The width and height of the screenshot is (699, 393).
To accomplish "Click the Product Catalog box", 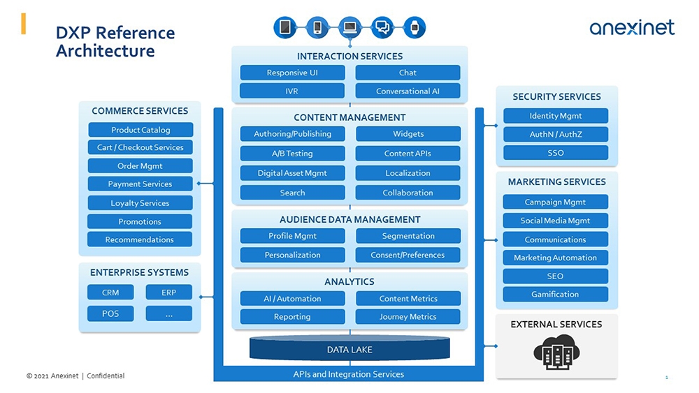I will point(140,130).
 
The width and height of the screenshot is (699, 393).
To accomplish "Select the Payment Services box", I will point(140,184).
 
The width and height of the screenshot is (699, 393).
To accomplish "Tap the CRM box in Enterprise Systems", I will point(110,292).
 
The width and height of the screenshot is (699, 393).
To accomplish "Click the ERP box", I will point(168,292).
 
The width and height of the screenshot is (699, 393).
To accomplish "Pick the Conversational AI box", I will point(408,91).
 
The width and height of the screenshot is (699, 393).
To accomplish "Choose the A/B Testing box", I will point(292,154).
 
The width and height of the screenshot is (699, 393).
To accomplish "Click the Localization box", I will point(408,173).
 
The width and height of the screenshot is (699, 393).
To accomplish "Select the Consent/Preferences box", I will point(408,255).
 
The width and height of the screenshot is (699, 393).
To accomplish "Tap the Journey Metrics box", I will point(408,317).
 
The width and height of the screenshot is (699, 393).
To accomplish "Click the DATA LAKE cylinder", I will point(349,349).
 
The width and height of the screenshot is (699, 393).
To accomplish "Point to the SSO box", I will point(556,153).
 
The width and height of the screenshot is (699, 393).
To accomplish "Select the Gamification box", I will point(555,295).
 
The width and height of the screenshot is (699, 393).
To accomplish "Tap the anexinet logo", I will point(631,28).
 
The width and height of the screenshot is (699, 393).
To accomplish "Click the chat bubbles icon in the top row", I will point(382,28).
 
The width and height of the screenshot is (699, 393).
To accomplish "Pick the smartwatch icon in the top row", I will point(415,28).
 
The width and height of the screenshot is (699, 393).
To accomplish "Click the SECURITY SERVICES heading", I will point(556,97).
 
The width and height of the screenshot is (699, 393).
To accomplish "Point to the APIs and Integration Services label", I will point(348,374).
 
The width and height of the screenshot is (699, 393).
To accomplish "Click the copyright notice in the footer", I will point(75,376).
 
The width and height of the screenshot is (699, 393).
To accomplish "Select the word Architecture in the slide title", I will point(105,52).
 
